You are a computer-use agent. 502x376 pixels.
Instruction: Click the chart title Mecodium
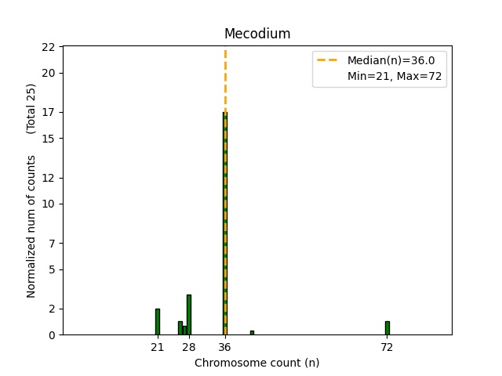256,34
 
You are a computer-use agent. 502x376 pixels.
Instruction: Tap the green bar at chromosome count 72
387,328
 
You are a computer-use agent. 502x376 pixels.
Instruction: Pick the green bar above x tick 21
157,322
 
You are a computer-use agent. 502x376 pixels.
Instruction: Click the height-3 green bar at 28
189,315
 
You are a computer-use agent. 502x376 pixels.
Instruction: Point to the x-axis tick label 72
387,347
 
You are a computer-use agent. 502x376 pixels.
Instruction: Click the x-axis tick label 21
157,347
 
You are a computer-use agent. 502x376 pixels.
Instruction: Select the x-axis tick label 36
224,347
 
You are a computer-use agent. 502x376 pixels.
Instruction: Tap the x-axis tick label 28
189,347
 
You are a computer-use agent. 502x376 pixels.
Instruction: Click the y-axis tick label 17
49,112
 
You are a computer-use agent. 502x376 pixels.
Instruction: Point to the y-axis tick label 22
49,47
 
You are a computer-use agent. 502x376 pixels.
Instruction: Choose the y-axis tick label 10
49,204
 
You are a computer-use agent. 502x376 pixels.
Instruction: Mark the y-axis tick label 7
52,243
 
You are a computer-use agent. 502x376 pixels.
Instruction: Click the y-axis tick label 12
49,178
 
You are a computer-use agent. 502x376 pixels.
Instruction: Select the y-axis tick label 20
49,73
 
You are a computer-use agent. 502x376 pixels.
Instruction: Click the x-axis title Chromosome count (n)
256,363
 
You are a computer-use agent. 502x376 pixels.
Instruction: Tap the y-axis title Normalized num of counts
31,226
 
